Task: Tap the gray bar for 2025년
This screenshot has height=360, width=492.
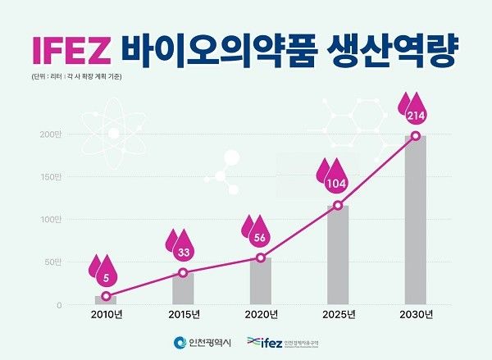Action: (x=338, y=254)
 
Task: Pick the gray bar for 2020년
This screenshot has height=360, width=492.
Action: (x=260, y=280)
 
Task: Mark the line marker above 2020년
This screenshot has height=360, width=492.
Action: (x=261, y=257)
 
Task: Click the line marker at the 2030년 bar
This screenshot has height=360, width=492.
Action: (x=416, y=135)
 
